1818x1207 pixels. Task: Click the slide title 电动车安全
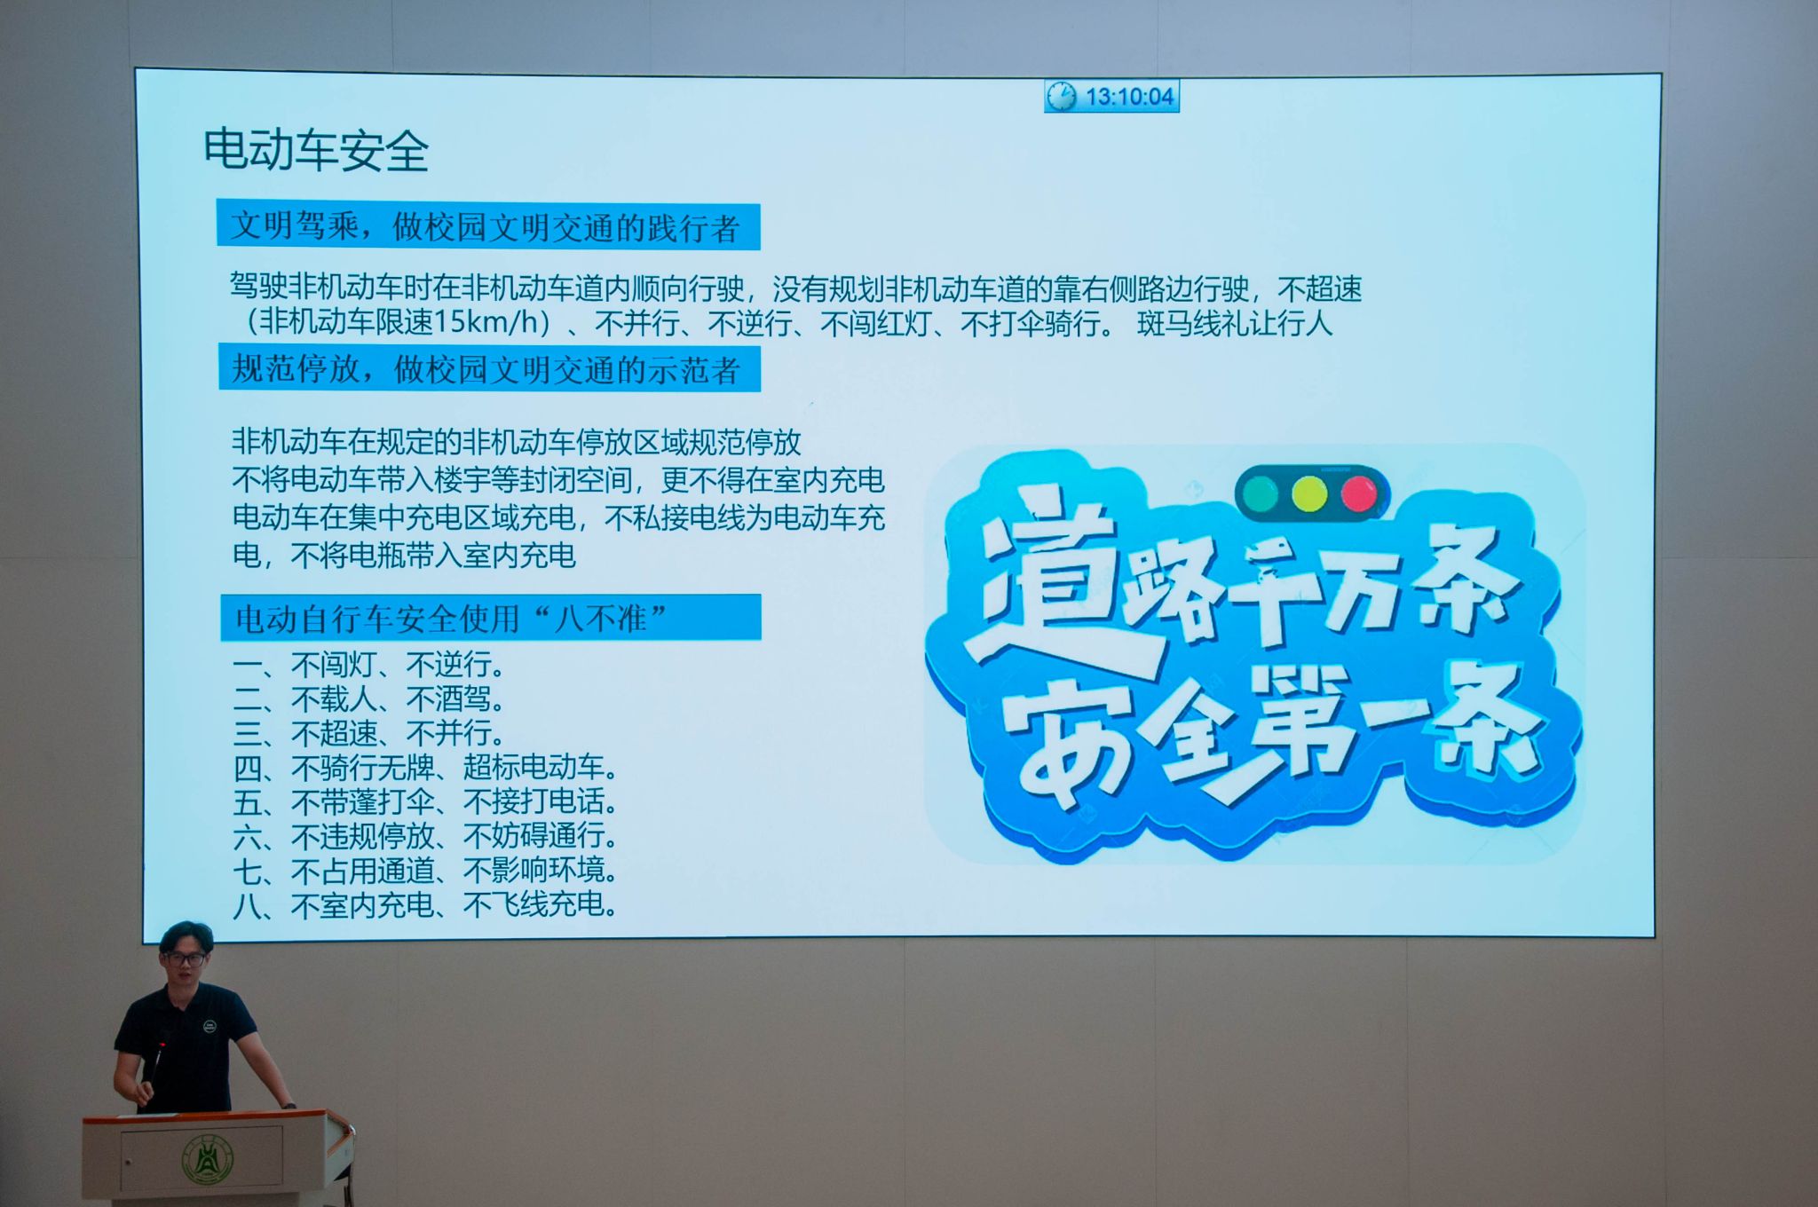coord(316,149)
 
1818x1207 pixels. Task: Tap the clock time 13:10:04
coord(1129,97)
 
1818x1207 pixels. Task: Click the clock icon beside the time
coord(1061,96)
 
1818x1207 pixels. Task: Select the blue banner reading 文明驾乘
coord(488,226)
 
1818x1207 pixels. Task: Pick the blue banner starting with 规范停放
coord(490,368)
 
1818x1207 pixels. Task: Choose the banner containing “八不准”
coord(491,617)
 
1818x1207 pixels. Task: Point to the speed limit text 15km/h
coord(485,322)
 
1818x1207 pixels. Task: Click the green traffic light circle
coord(1259,493)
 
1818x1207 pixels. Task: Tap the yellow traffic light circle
coord(1308,493)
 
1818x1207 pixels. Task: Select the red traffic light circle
coord(1357,493)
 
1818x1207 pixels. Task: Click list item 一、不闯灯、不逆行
coord(369,664)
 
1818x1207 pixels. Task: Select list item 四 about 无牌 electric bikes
coord(426,767)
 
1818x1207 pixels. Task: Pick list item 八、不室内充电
coord(426,904)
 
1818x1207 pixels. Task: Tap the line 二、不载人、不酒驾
coord(369,698)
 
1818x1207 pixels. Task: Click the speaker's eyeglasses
coord(185,958)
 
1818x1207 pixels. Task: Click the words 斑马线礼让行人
coord(1235,323)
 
